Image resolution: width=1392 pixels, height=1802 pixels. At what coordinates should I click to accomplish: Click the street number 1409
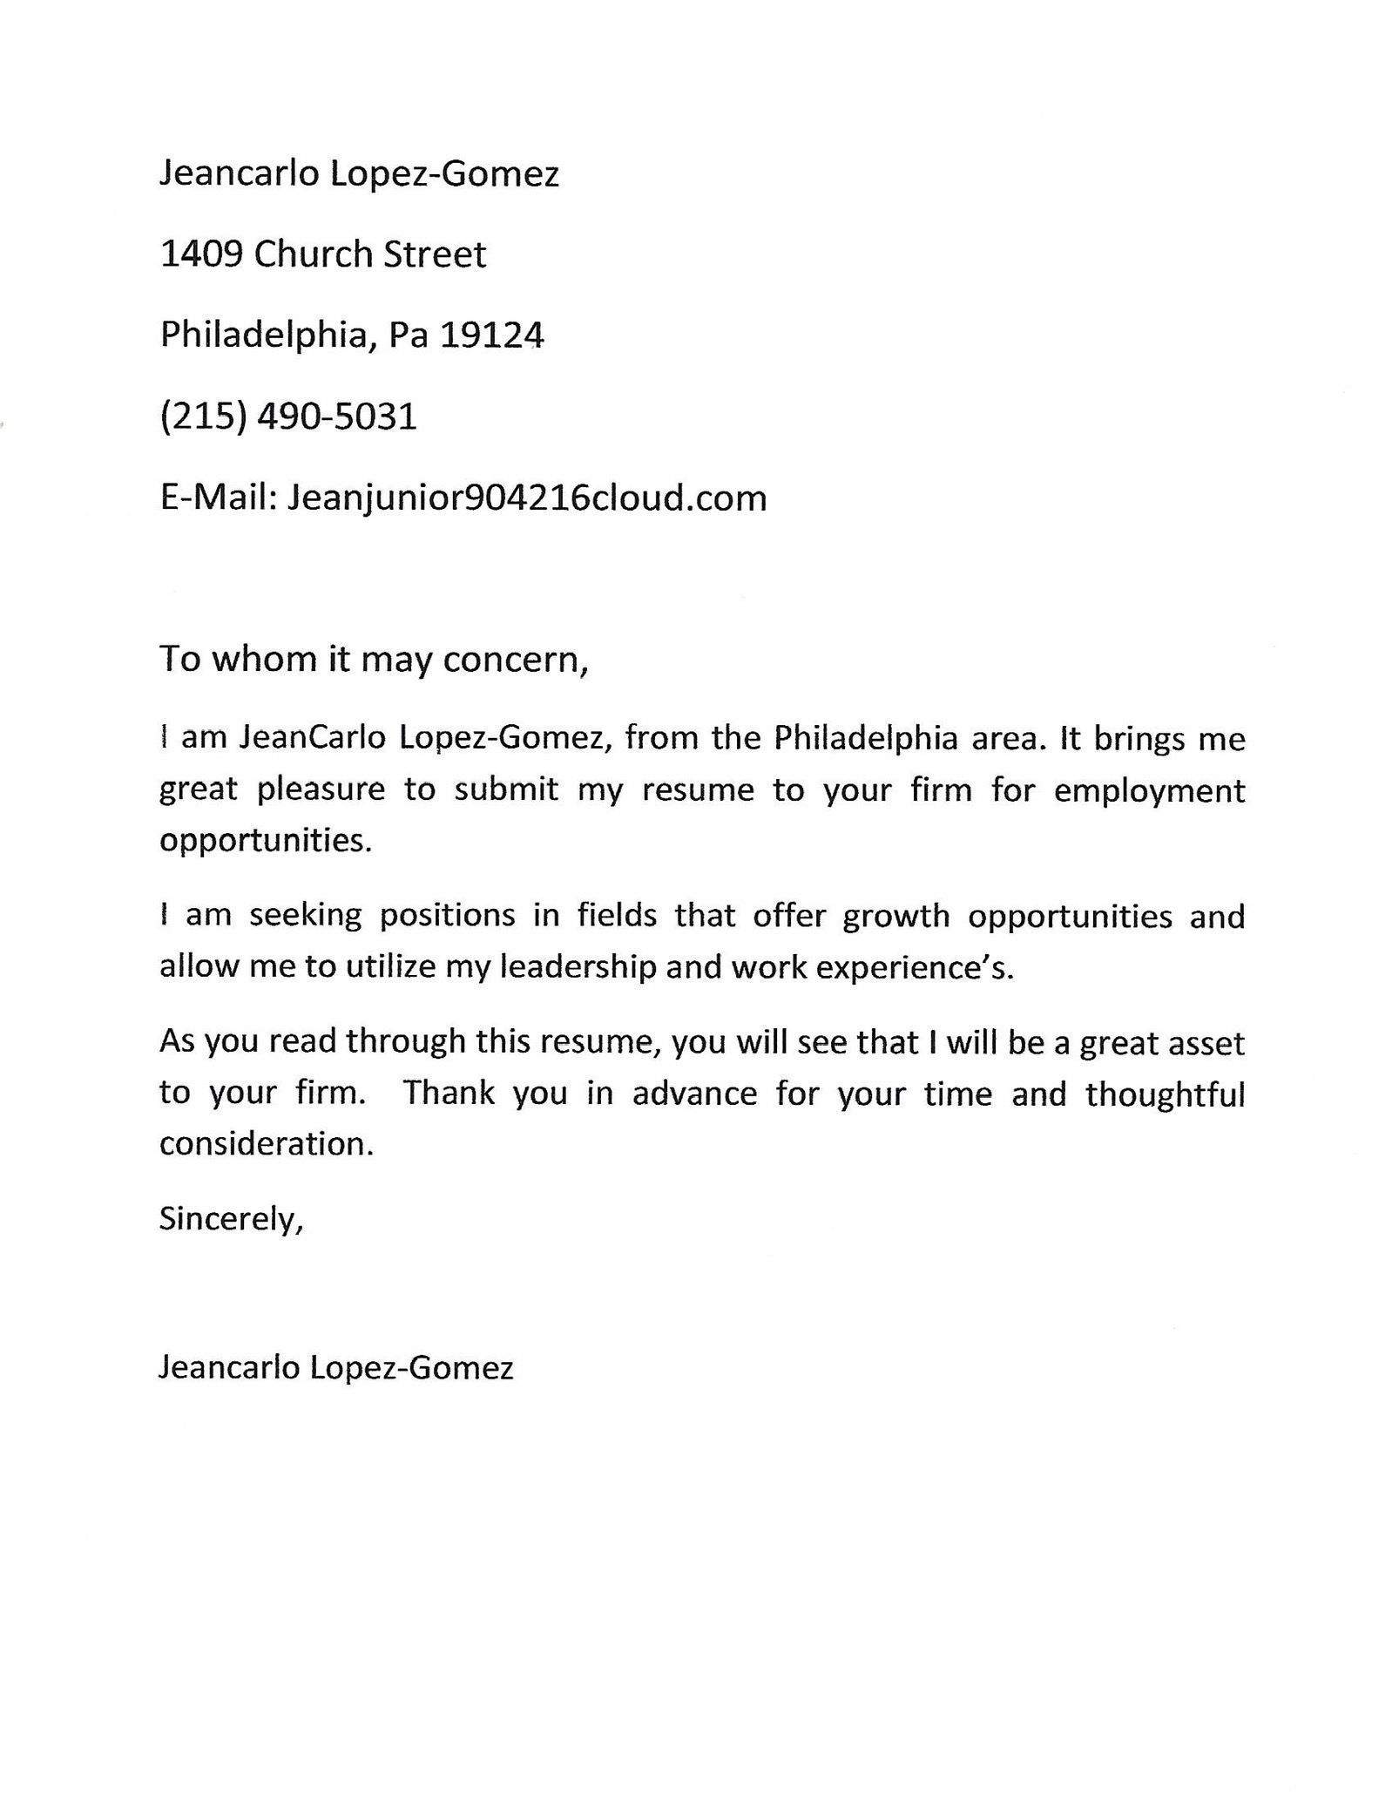pos(201,254)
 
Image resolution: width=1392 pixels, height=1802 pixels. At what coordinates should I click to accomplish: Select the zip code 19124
pos(491,335)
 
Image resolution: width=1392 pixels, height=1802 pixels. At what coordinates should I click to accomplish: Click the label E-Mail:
pos(218,498)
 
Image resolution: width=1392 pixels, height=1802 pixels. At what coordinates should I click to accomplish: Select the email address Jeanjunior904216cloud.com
pos(527,498)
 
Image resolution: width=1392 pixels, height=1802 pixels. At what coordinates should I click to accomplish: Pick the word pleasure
pos(321,790)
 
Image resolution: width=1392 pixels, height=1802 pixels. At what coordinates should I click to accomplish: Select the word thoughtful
pos(1165,1094)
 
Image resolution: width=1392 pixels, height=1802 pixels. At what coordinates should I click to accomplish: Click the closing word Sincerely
pos(228,1219)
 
